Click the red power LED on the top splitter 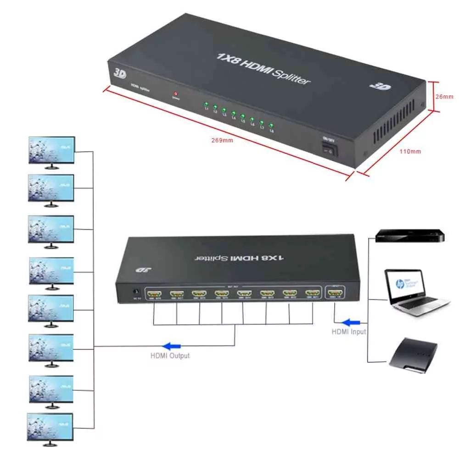point(175,93)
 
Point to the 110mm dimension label point(411,151)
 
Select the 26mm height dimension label point(445,96)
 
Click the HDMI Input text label point(349,331)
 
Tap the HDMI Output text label point(170,355)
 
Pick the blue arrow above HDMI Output point(172,346)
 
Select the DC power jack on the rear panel point(135,292)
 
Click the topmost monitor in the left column point(51,150)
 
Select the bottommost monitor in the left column point(50,428)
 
